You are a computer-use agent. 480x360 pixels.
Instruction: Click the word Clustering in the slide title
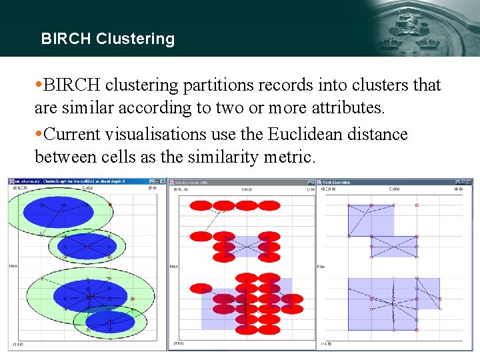tap(135, 39)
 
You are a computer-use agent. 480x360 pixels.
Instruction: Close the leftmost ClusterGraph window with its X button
tap(163, 181)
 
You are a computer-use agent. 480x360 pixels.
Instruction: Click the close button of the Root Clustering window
tap(471, 181)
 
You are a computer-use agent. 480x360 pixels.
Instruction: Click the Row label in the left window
tap(13, 267)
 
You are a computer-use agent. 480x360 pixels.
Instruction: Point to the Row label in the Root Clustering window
tap(321, 267)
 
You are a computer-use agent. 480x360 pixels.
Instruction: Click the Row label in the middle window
tap(174, 267)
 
